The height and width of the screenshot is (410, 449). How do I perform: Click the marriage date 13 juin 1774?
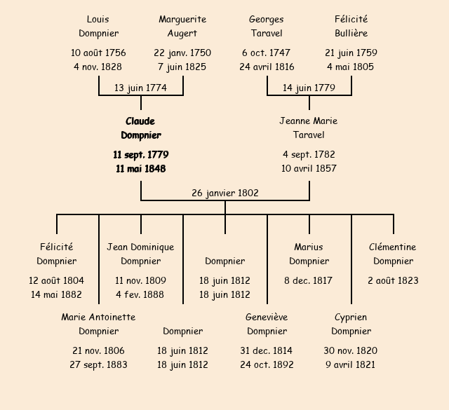coord(140,88)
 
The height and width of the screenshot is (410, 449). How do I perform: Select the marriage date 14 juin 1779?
coord(309,88)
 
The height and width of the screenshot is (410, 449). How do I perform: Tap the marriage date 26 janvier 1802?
coord(225,193)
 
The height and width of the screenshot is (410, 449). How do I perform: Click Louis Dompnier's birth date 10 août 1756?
coord(98,53)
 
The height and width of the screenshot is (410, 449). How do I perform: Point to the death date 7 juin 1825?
coord(182,67)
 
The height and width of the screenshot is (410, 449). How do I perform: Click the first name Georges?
coord(267,20)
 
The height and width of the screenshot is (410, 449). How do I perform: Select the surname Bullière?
coord(351,34)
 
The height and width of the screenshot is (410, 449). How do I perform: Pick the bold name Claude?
coord(140,121)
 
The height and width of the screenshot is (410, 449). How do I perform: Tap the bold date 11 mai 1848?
coord(140,168)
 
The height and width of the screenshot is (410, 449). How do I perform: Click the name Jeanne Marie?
coord(309,121)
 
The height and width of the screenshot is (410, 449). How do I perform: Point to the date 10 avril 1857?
coord(309,168)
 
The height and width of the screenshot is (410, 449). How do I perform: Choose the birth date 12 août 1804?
coord(56,280)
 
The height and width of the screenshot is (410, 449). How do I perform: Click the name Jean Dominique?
coord(140,247)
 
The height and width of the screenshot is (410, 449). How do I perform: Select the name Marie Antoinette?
coord(98,317)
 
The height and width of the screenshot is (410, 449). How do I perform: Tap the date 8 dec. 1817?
coord(309,280)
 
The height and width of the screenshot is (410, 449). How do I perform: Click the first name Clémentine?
coord(393,247)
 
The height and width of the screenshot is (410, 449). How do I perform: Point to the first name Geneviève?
coord(267,317)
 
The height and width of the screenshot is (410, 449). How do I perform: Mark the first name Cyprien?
coord(351,317)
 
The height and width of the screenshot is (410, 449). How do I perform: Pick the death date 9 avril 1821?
coord(351,364)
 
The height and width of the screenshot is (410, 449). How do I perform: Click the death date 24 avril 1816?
coord(267,67)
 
